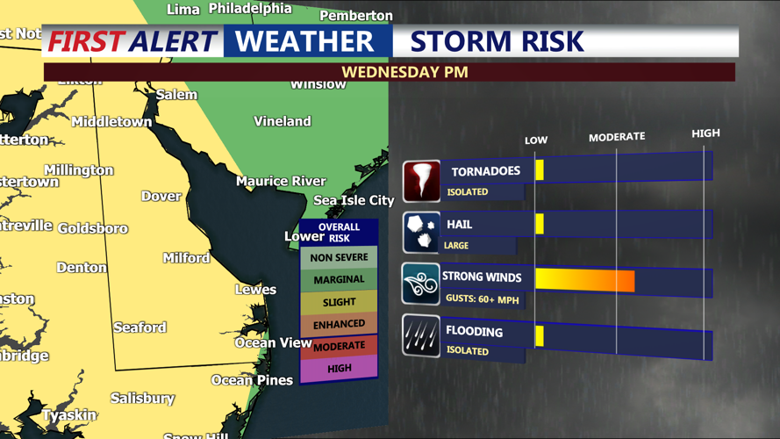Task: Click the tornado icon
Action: click(421, 181)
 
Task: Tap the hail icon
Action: click(421, 234)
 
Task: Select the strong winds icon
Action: click(421, 284)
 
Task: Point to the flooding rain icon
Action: click(421, 336)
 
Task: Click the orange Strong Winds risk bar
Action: click(584, 280)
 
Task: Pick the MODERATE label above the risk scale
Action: click(616, 137)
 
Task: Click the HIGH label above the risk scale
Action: click(705, 133)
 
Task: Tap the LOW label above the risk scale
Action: click(536, 140)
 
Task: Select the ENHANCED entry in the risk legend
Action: click(339, 324)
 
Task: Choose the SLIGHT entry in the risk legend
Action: click(339, 302)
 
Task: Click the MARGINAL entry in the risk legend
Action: click(339, 279)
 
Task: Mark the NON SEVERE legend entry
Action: click(339, 257)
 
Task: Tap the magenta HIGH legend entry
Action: click(339, 369)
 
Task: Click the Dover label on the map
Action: click(161, 196)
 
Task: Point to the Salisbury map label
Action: click(142, 399)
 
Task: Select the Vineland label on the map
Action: click(283, 121)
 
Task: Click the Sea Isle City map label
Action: click(354, 200)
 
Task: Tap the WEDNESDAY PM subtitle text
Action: click(404, 72)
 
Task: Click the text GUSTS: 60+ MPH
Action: click(482, 299)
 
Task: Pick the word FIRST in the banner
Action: click(85, 41)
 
